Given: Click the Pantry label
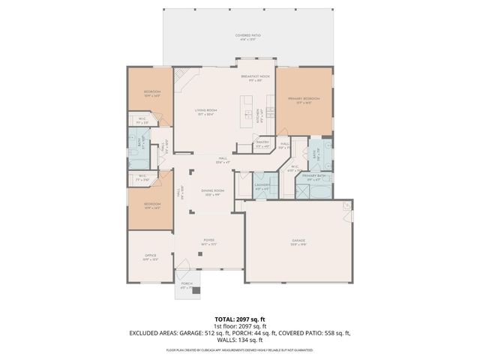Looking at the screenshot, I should point(262,143).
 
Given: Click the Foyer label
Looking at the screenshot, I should point(208,241).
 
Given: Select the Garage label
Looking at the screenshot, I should point(299,241).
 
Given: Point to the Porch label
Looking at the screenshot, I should point(187,285).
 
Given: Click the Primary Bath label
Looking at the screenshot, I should point(315,176).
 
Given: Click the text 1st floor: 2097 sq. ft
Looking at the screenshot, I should point(239,325).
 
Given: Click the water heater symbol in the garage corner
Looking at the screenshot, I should point(346,205).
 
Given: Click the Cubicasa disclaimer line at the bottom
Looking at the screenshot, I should point(239,349).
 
